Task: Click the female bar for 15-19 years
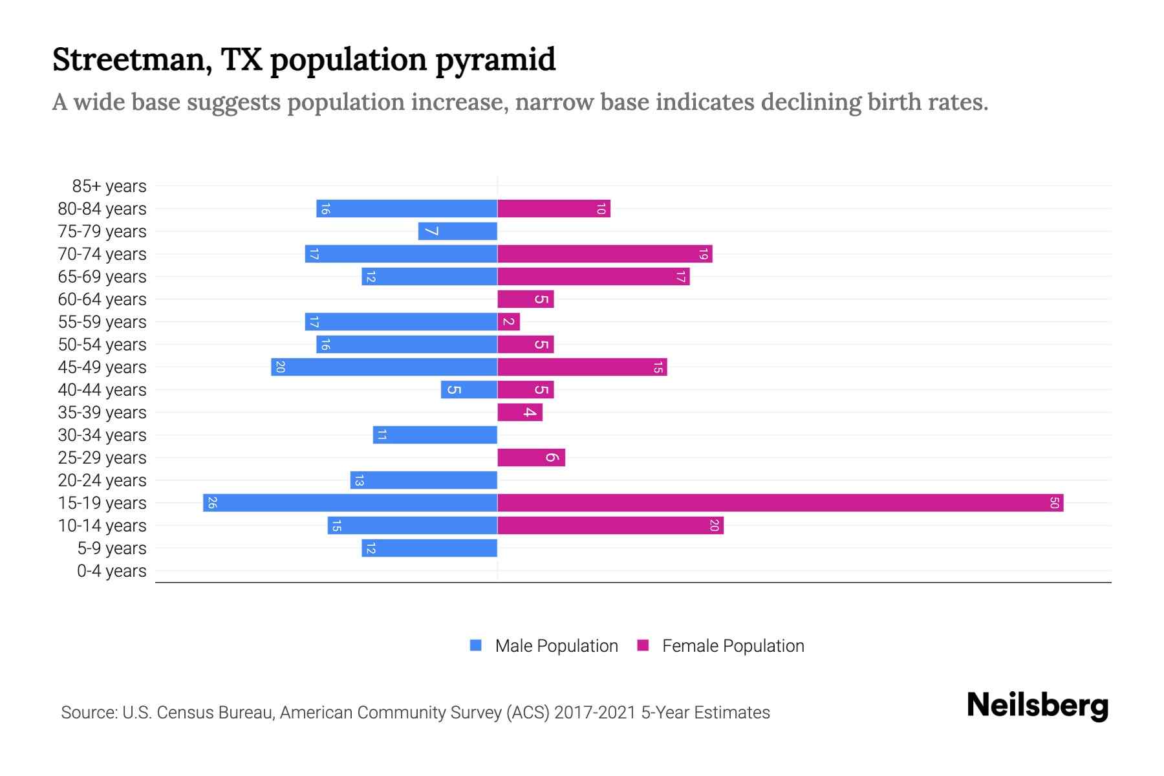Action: [x=780, y=502]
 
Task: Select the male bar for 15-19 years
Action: [x=350, y=502]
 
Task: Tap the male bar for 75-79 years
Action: [x=457, y=231]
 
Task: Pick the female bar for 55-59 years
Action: [x=508, y=321]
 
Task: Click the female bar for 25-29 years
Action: [x=531, y=457]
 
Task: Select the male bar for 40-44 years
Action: [x=469, y=389]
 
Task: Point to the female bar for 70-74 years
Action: [x=605, y=253]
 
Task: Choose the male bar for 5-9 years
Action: [x=429, y=548]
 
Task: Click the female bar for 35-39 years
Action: [x=520, y=412]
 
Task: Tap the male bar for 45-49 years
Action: [x=384, y=367]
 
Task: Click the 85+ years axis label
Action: [x=109, y=186]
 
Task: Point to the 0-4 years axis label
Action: [x=111, y=571]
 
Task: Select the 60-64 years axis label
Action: [x=102, y=299]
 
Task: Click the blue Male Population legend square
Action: [x=476, y=645]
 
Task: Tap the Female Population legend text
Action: [x=733, y=645]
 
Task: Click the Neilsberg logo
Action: [x=1037, y=706]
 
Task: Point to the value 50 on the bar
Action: [x=1054, y=502]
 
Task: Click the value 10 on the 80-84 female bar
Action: [x=601, y=209]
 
